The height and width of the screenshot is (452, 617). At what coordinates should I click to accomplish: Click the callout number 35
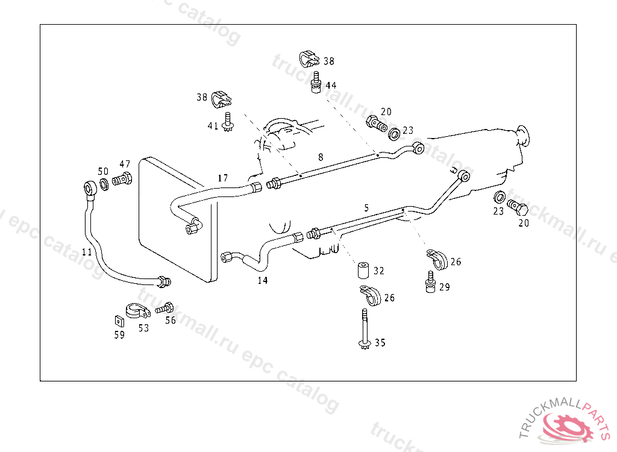point(380,343)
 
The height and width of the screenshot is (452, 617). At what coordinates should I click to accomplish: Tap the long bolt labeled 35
point(364,328)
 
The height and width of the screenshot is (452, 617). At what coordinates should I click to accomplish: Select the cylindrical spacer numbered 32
point(363,271)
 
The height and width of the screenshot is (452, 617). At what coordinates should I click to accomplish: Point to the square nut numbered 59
point(119,321)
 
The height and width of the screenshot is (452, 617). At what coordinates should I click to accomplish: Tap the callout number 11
point(87,252)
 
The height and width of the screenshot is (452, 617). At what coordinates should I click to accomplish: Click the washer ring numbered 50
point(104,183)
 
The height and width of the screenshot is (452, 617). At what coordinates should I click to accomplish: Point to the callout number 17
point(223,178)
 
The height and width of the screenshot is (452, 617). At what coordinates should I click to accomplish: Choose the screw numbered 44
point(315,82)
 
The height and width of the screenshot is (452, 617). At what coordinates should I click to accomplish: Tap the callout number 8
point(321,157)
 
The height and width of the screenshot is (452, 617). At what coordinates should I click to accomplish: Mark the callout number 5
point(366,207)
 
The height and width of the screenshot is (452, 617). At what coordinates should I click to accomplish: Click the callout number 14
point(263,280)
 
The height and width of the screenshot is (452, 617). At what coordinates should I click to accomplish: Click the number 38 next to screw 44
point(328,61)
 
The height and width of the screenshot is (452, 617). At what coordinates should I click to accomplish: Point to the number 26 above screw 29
point(456,262)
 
